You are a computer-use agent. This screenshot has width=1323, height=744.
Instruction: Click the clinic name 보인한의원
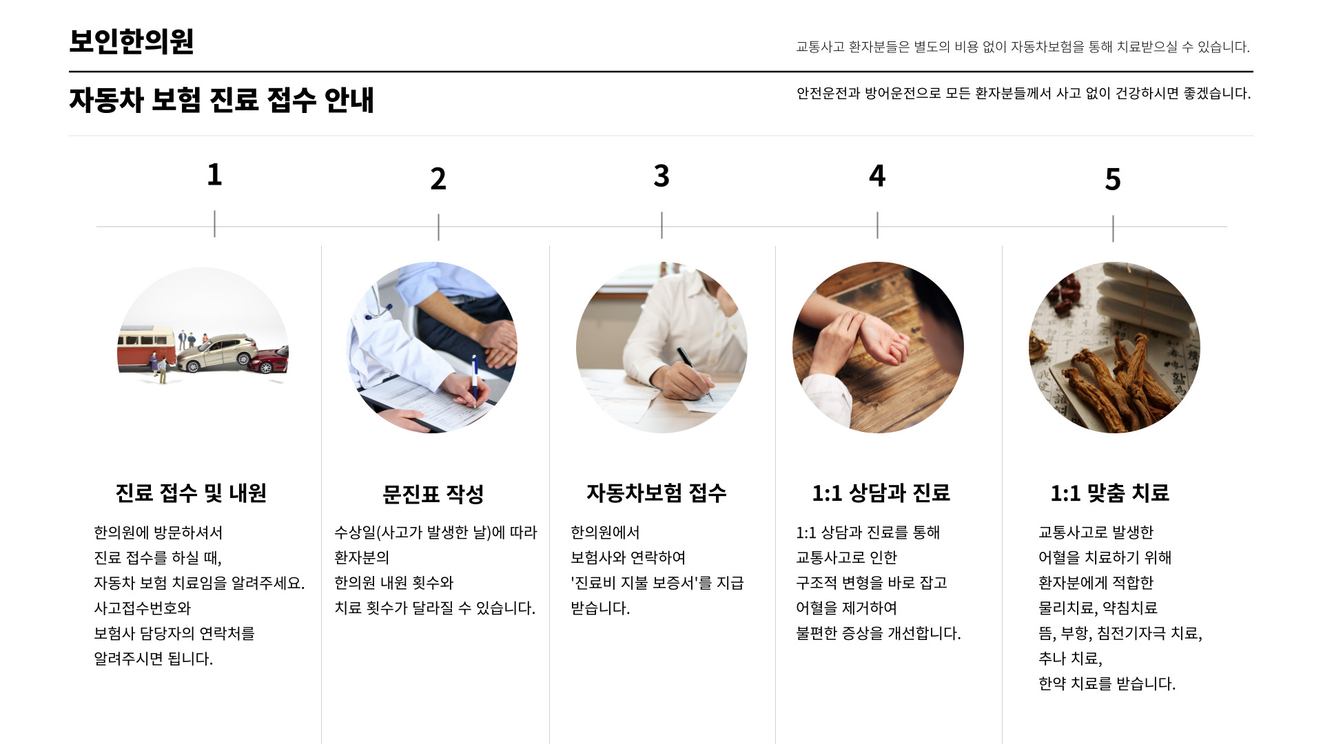tap(132, 41)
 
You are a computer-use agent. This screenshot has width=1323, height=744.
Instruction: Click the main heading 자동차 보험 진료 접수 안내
tap(221, 100)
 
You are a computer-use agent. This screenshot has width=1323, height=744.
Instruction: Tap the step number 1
tap(214, 174)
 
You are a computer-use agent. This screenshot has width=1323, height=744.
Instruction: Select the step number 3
tap(661, 176)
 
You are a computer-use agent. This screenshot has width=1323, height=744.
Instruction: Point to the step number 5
tap(1113, 179)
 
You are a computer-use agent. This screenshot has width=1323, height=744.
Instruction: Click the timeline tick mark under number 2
tap(438, 227)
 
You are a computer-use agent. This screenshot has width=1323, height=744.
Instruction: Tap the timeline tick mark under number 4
tap(877, 225)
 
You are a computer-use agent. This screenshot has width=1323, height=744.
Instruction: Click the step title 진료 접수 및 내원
tap(191, 493)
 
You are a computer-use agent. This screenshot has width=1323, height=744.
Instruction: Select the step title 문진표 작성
tap(433, 494)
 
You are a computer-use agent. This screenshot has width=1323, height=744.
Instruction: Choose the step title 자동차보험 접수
tap(657, 493)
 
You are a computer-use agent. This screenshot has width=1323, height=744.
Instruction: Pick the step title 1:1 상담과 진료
tap(881, 493)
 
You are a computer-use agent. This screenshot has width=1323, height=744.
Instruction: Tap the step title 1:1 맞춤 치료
tap(1109, 493)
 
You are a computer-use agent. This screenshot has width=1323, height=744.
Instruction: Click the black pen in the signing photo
tap(694, 373)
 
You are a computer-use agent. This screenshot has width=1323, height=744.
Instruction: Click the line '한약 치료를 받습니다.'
tap(1107, 684)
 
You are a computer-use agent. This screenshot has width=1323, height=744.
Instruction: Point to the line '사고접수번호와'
tap(142, 608)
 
